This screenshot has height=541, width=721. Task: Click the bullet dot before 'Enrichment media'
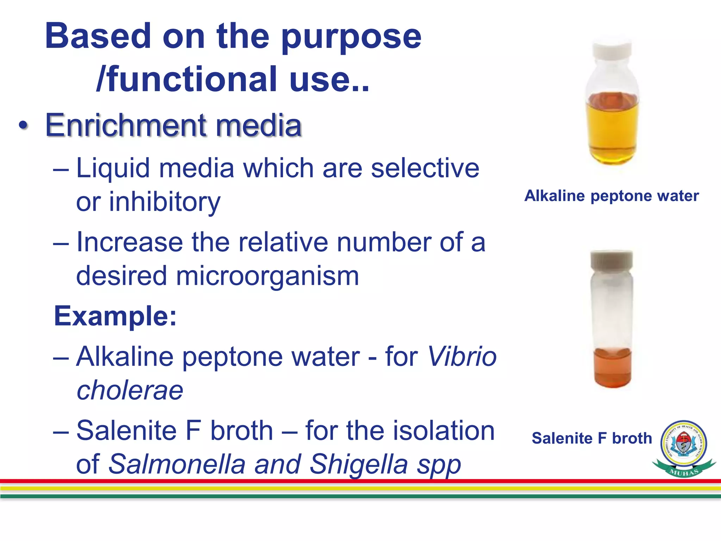point(23,126)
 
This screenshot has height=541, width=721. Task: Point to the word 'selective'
point(425,168)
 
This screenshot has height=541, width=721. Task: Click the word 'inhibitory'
point(165,202)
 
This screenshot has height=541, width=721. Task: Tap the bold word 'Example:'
point(115,316)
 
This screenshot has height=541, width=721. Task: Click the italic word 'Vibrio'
point(462,357)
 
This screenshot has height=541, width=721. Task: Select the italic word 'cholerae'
point(130,390)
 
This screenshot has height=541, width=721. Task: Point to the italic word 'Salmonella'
point(177,464)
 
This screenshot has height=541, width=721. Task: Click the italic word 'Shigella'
point(358,464)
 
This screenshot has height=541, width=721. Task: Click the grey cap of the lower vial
point(612,260)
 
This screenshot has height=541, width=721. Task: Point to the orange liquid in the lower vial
point(612,368)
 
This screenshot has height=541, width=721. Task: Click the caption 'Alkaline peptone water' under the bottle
point(612,196)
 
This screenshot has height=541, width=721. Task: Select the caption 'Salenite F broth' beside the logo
point(592,439)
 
